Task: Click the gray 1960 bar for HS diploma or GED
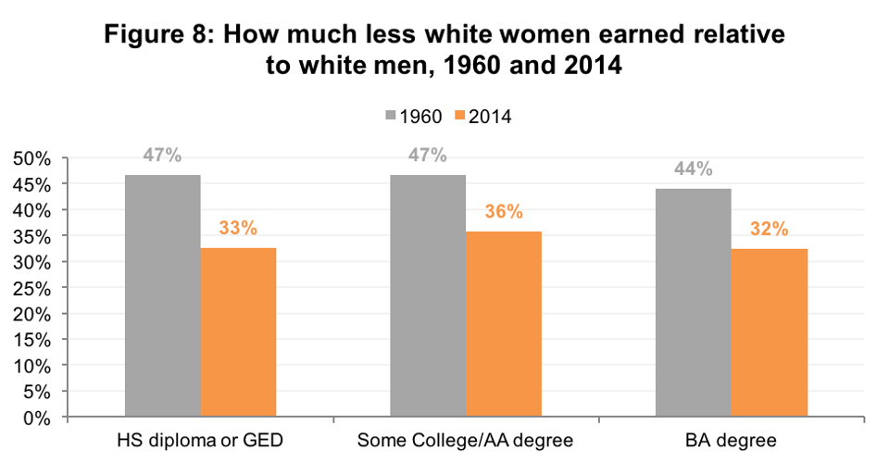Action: (163, 296)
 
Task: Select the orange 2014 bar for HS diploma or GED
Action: (238, 333)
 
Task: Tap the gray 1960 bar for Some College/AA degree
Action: (428, 296)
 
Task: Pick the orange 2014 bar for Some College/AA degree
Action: (504, 324)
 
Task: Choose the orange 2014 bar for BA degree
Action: (769, 333)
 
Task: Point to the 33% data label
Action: (238, 227)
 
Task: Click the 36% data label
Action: (504, 211)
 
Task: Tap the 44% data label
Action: (693, 169)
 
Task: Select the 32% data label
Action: (769, 228)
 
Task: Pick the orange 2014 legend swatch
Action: (460, 117)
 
